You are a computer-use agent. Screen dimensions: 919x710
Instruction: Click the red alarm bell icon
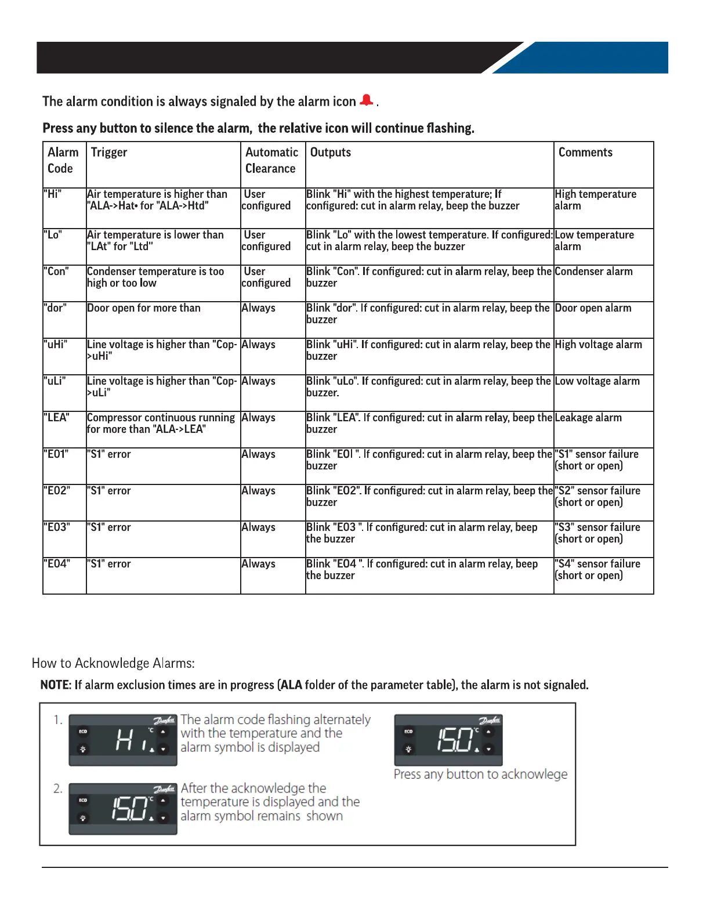coord(366,100)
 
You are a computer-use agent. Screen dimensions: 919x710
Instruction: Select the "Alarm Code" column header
coord(63,160)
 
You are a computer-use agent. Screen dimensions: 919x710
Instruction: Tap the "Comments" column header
coord(585,153)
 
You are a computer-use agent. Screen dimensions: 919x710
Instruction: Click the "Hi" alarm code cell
coord(53,194)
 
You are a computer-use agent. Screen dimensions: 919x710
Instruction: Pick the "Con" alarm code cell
coord(56,272)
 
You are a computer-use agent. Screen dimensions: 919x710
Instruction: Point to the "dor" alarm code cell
coord(56,308)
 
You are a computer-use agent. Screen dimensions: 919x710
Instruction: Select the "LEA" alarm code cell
coord(57,418)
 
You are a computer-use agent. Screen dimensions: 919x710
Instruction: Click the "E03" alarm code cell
coord(57,527)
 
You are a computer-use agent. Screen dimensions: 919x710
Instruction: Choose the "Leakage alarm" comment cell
coord(588,418)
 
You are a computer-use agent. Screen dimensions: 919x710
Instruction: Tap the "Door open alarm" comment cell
coord(593,308)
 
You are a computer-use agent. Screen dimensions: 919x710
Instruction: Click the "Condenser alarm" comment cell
coord(593,272)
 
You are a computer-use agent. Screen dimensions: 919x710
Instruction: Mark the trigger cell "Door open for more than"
coord(144,308)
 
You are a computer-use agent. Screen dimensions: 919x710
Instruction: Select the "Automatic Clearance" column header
coord(271,160)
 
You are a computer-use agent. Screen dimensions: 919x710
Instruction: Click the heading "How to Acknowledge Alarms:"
coord(113,663)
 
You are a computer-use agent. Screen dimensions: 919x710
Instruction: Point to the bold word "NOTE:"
coord(56,685)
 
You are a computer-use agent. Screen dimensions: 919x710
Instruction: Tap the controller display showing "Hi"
coord(123,740)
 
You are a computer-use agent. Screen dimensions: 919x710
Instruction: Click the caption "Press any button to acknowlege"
coord(480,775)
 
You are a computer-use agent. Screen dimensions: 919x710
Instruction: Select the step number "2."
coord(58,788)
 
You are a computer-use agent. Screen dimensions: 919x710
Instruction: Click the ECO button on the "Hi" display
coord(83,732)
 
